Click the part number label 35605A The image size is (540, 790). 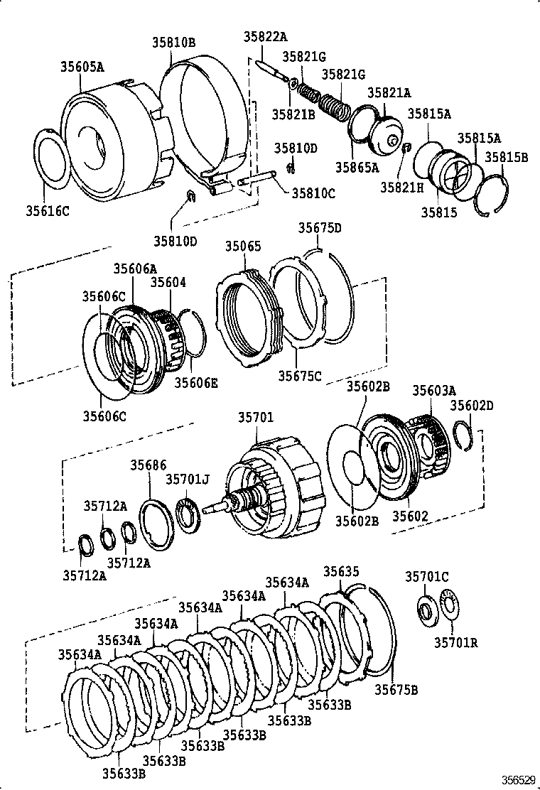[x=82, y=67]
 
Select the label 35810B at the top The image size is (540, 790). [x=173, y=43]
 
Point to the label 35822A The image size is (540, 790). [x=264, y=38]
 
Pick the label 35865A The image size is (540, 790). [x=360, y=168]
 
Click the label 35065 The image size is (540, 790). [x=243, y=247]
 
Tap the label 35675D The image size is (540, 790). [x=320, y=228]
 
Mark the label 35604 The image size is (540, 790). [x=168, y=283]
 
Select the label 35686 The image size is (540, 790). [x=148, y=465]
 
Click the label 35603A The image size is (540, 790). [x=434, y=390]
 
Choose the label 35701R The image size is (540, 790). [x=455, y=643]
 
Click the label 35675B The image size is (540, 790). [x=396, y=690]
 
